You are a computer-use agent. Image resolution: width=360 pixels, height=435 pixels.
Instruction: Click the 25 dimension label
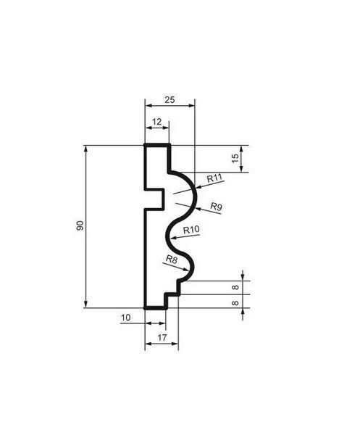169,100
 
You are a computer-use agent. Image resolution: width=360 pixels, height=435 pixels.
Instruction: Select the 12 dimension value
156,122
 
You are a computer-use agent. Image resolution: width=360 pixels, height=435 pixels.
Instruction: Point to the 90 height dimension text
80,225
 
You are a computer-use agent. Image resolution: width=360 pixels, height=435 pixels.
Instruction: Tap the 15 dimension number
235,158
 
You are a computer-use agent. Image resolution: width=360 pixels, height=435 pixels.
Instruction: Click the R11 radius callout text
215,178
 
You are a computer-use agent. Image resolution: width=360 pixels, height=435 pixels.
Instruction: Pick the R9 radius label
216,207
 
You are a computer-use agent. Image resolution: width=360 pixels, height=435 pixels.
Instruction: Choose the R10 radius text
191,230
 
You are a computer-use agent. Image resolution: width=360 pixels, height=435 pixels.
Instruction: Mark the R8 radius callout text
171,260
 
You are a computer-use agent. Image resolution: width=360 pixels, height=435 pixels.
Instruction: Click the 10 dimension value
125,318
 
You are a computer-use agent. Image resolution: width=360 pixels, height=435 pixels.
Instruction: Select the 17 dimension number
162,338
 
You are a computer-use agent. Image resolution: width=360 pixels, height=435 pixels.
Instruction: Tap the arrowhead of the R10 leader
174,238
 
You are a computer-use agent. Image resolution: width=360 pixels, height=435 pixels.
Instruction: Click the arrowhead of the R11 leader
197,187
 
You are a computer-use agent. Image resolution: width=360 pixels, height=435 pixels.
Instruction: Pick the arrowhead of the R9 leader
198,208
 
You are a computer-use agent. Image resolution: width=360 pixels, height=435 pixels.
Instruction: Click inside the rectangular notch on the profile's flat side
154,200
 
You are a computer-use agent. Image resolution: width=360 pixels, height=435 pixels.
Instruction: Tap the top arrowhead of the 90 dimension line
86,149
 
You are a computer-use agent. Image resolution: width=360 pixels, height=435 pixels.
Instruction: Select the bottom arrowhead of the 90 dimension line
86,304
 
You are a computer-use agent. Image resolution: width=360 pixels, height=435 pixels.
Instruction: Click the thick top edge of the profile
157,145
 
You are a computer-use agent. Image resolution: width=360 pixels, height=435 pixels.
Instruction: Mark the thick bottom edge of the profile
156,307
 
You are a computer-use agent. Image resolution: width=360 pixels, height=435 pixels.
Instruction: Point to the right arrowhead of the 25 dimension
191,105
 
